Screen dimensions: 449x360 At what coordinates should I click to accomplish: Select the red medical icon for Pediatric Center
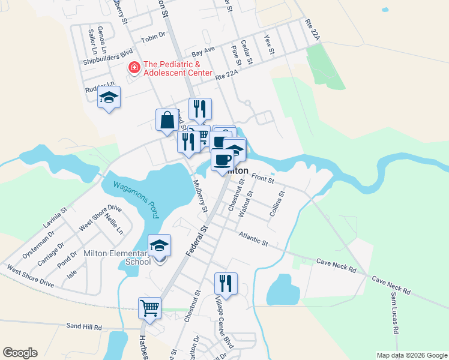click(x=134, y=68)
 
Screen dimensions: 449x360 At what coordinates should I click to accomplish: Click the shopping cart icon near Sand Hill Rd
click(x=149, y=308)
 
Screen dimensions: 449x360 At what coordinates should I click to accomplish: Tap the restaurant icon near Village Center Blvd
click(x=226, y=283)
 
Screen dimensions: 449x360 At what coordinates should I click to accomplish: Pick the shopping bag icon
click(x=167, y=119)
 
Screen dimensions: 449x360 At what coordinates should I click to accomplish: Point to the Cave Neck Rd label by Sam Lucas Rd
click(x=390, y=285)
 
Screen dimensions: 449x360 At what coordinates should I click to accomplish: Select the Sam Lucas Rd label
click(x=394, y=314)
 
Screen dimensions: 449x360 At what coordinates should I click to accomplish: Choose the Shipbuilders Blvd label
click(x=107, y=55)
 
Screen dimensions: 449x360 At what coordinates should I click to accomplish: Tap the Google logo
click(x=20, y=353)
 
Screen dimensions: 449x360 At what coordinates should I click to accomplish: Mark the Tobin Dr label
click(x=153, y=37)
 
